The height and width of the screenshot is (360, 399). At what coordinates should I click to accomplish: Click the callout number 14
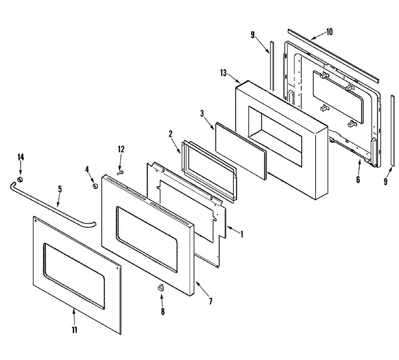[21, 157]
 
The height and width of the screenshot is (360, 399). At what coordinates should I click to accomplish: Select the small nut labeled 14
[20, 179]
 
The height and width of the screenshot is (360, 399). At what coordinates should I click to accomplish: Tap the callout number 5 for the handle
[60, 189]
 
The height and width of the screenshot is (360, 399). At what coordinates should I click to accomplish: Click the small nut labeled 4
[95, 186]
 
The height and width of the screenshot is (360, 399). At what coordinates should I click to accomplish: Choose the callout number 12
[121, 149]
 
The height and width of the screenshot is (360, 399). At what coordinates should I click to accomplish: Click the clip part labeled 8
[161, 288]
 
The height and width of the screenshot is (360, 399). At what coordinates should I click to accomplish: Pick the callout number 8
[163, 311]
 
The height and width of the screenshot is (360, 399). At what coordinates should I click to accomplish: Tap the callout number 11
[74, 330]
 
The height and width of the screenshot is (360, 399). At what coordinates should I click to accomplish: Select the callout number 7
[210, 301]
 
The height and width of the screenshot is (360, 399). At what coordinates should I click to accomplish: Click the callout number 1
[242, 234]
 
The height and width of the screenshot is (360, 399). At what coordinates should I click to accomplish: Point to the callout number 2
[170, 134]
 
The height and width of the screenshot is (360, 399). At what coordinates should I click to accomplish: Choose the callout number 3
[202, 113]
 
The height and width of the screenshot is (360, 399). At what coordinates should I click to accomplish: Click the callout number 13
[223, 73]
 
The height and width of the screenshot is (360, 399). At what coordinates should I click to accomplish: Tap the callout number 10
[329, 32]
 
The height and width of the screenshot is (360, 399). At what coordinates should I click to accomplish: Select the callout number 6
[358, 180]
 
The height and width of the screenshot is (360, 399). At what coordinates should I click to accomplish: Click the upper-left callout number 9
[253, 35]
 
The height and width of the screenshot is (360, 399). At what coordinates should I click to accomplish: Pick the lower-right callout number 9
[385, 181]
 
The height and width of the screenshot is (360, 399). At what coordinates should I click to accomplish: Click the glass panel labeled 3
[241, 151]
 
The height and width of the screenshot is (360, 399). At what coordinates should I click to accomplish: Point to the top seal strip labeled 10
[333, 55]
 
